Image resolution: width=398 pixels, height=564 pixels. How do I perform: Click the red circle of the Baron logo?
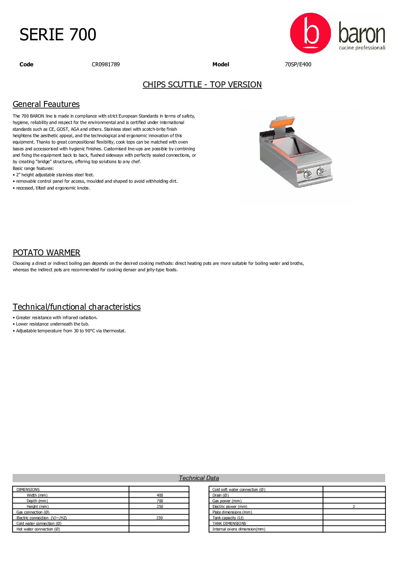[310, 33]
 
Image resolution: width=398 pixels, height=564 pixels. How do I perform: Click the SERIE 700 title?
[58, 35]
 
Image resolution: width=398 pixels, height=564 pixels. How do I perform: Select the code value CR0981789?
[106, 64]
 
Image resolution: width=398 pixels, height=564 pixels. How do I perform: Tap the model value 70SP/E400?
[298, 64]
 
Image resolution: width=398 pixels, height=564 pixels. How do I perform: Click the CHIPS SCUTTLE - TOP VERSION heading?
[202, 85]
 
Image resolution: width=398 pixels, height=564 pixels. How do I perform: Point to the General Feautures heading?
[46, 104]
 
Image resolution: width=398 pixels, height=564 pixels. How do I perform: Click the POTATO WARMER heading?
[46, 253]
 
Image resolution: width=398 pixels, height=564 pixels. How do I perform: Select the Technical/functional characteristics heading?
[77, 307]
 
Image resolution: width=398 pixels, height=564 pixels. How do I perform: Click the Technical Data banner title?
[199, 478]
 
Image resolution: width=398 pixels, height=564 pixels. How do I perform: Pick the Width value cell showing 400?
[160, 495]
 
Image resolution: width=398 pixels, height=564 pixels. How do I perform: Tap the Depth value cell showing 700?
[160, 501]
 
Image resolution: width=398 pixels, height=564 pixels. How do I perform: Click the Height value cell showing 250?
[160, 507]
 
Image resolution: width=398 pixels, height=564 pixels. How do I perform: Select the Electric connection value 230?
[159, 518]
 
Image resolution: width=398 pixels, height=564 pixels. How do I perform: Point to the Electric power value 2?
[354, 507]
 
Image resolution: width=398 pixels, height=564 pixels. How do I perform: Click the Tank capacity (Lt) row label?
[228, 518]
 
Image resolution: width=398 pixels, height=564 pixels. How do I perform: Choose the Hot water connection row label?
[38, 529]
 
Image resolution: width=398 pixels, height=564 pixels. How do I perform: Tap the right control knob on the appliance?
[321, 172]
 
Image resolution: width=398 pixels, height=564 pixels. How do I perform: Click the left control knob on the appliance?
[308, 174]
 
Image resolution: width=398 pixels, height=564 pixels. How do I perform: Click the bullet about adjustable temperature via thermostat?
[70, 331]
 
